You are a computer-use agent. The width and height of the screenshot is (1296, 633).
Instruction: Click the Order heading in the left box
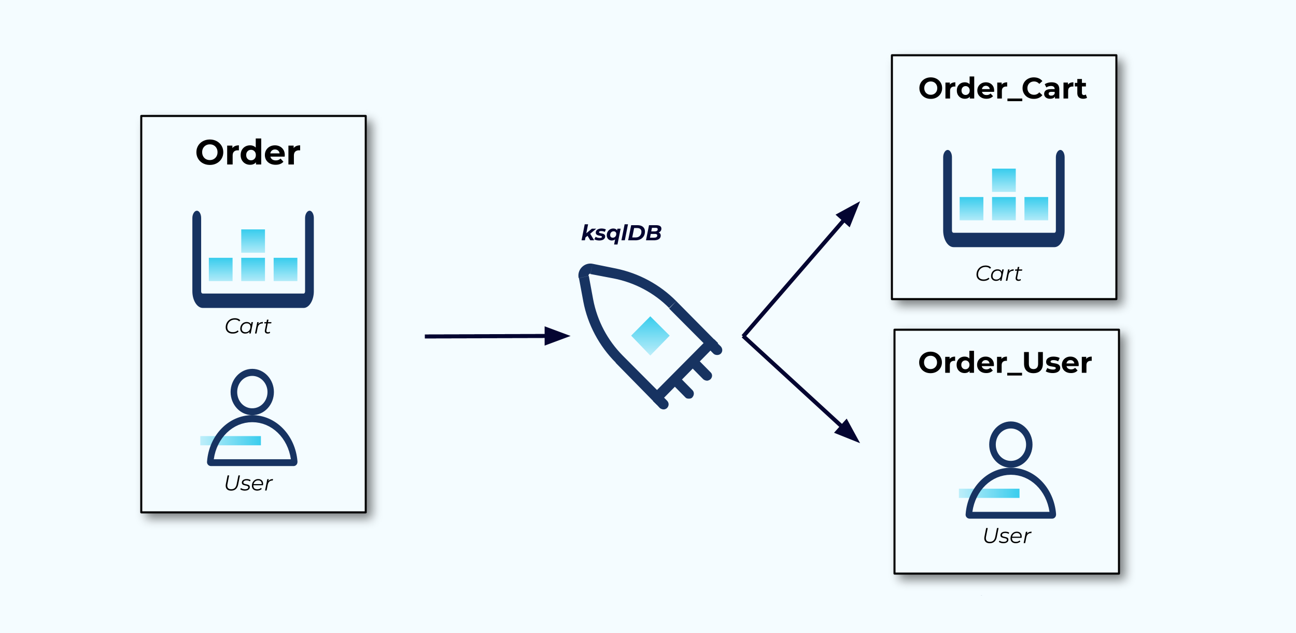(248, 153)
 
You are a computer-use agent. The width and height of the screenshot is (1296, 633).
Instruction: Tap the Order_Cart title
(1002, 89)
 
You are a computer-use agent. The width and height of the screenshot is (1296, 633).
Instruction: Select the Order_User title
(1005, 363)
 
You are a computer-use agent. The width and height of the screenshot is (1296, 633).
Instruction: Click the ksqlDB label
(621, 233)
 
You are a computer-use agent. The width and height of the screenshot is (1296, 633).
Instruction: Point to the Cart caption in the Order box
(248, 326)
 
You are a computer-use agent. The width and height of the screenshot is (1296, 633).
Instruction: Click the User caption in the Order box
(248, 483)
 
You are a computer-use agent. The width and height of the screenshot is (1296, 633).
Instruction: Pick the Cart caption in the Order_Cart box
(998, 273)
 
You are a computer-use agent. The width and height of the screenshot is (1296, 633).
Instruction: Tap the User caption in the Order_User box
(1007, 535)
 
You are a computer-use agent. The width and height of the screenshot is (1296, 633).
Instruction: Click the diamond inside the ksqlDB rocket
(650, 336)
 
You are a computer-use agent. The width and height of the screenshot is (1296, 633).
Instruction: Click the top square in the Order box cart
(253, 241)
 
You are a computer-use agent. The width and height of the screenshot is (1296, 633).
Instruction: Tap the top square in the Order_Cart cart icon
(1004, 180)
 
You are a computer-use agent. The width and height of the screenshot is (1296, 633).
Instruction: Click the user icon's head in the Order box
(252, 392)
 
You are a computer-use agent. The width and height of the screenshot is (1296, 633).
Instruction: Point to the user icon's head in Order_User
(1010, 444)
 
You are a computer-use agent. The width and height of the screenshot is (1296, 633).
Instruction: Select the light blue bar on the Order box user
(230, 441)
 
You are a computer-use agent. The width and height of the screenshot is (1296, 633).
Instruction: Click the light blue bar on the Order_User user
(989, 493)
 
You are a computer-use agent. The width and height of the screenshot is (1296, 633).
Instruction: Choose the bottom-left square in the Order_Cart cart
(971, 209)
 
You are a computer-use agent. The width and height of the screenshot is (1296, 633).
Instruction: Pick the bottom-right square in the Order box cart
(285, 269)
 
